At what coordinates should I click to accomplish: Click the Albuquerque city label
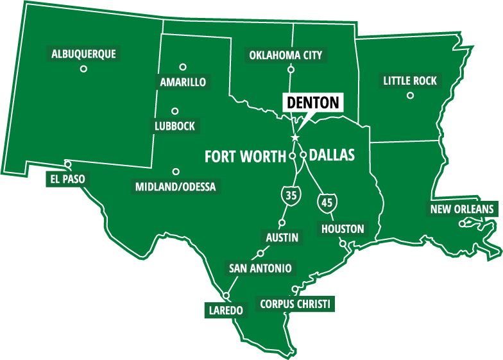[x=83, y=54]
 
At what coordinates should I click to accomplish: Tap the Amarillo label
[x=183, y=82]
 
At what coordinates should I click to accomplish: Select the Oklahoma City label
[x=286, y=55]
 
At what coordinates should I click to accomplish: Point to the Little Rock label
[x=410, y=81]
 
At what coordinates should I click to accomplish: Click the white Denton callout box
[x=312, y=102]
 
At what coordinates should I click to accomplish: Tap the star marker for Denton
[x=295, y=137]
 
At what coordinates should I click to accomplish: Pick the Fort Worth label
[x=245, y=156]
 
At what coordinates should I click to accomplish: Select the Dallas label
[x=332, y=155]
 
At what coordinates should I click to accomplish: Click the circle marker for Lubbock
[x=175, y=110]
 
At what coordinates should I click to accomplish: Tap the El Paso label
[x=65, y=178]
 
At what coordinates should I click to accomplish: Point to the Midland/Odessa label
[x=176, y=187]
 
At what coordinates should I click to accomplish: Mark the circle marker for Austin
[x=281, y=223]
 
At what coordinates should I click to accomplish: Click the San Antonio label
[x=260, y=268]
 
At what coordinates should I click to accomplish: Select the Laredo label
[x=226, y=311]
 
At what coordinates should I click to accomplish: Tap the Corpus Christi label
[x=296, y=304]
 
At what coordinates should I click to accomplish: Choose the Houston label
[x=343, y=229]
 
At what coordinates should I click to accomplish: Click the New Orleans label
[x=462, y=209]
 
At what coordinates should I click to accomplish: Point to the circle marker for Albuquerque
[x=83, y=69]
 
